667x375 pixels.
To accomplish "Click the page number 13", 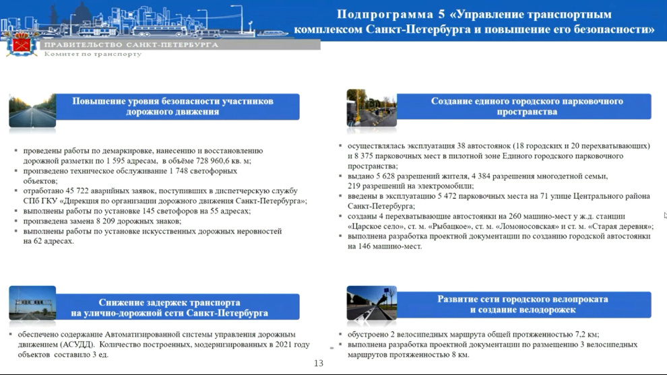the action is point(319,363).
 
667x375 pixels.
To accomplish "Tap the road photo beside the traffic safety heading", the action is point(32,110).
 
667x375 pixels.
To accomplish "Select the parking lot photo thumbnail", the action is point(371,108).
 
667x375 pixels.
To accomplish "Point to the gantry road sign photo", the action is point(32,303).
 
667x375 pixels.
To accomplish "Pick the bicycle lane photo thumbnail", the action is point(371,303).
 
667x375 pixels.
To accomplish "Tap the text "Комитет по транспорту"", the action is point(93,54).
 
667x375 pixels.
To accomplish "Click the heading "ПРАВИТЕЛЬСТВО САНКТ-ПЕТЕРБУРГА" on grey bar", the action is point(131,44).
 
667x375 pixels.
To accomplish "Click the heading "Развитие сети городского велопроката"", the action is point(523,299).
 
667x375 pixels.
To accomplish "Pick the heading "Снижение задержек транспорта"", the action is point(169,302).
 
